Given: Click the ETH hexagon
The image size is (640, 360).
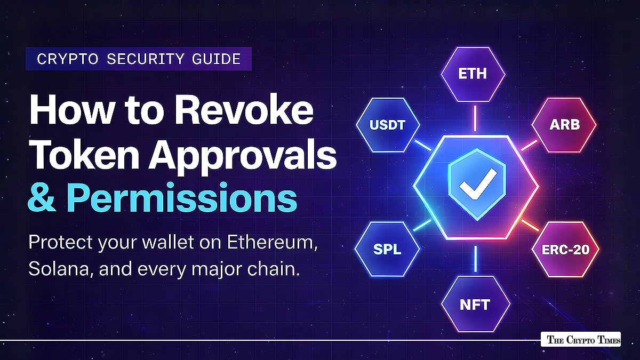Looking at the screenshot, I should pyautogui.click(x=473, y=74).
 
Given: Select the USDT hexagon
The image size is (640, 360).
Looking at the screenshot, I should pyautogui.click(x=387, y=125).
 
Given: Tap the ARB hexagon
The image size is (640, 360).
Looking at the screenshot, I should pyautogui.click(x=564, y=125).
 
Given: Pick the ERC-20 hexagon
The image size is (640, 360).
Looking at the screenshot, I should pyautogui.click(x=566, y=249).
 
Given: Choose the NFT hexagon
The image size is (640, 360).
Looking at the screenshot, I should pyautogui.click(x=475, y=305).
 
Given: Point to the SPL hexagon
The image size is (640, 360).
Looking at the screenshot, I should pyautogui.click(x=387, y=249).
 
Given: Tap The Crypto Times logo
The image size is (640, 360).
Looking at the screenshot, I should pyautogui.click(x=580, y=340).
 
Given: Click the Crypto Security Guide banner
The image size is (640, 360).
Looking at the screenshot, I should pyautogui.click(x=139, y=59).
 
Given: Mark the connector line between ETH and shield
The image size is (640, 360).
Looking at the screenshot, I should pyautogui.click(x=474, y=118).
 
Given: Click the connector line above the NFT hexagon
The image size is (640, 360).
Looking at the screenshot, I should pyautogui.click(x=475, y=260).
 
